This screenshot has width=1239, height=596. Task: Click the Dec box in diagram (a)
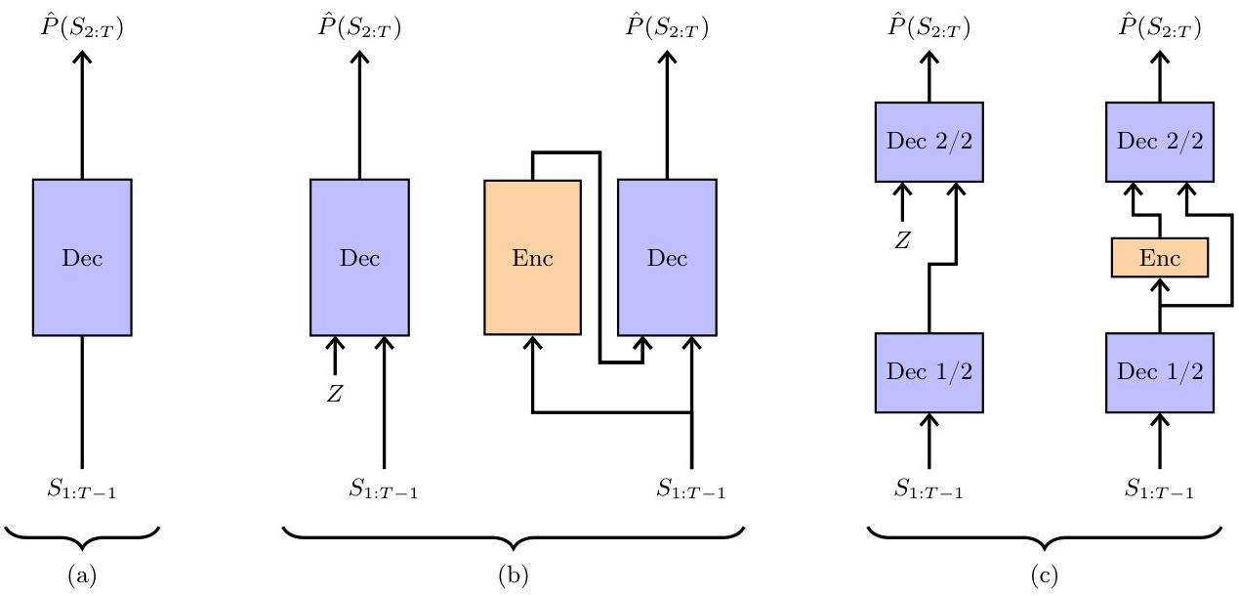click(x=82, y=258)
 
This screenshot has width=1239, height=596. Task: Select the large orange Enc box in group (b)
click(x=532, y=258)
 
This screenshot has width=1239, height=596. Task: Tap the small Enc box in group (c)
click(x=1160, y=258)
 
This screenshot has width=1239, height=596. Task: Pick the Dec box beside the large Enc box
click(x=667, y=258)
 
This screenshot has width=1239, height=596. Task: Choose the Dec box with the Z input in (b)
click(x=359, y=258)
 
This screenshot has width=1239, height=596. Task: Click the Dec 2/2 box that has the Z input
click(x=928, y=141)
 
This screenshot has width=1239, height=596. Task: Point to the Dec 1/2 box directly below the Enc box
click(x=1160, y=371)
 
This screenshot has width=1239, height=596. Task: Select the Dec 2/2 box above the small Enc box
click(x=1160, y=141)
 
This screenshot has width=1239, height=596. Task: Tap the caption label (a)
click(x=82, y=576)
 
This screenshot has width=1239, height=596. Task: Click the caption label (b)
click(x=514, y=576)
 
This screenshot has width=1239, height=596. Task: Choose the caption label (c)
click(x=1044, y=576)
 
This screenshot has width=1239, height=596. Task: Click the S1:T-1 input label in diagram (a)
click(x=82, y=489)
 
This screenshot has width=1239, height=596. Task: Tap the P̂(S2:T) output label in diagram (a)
click(x=82, y=26)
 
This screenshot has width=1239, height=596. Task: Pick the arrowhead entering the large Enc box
click(x=532, y=343)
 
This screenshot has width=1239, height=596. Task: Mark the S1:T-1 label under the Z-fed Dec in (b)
click(x=384, y=489)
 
